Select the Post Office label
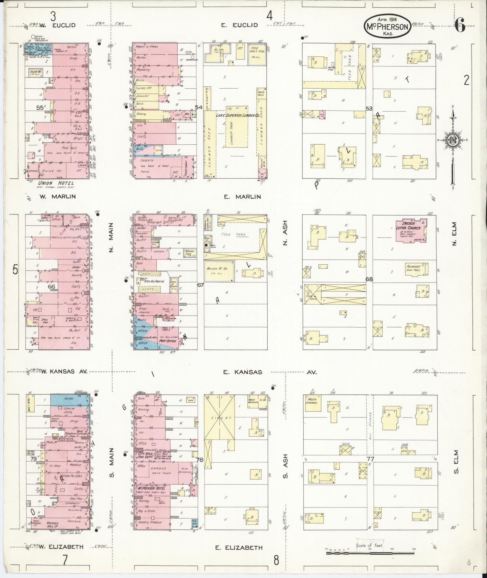pos(168,341)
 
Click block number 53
pos(369,109)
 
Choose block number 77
pos(370,459)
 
